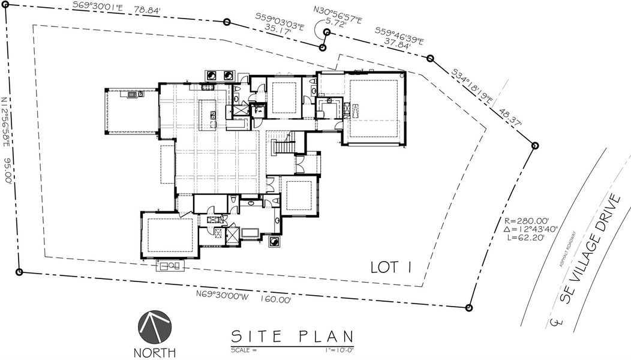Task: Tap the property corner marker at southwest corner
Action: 20,272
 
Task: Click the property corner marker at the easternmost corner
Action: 534,145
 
